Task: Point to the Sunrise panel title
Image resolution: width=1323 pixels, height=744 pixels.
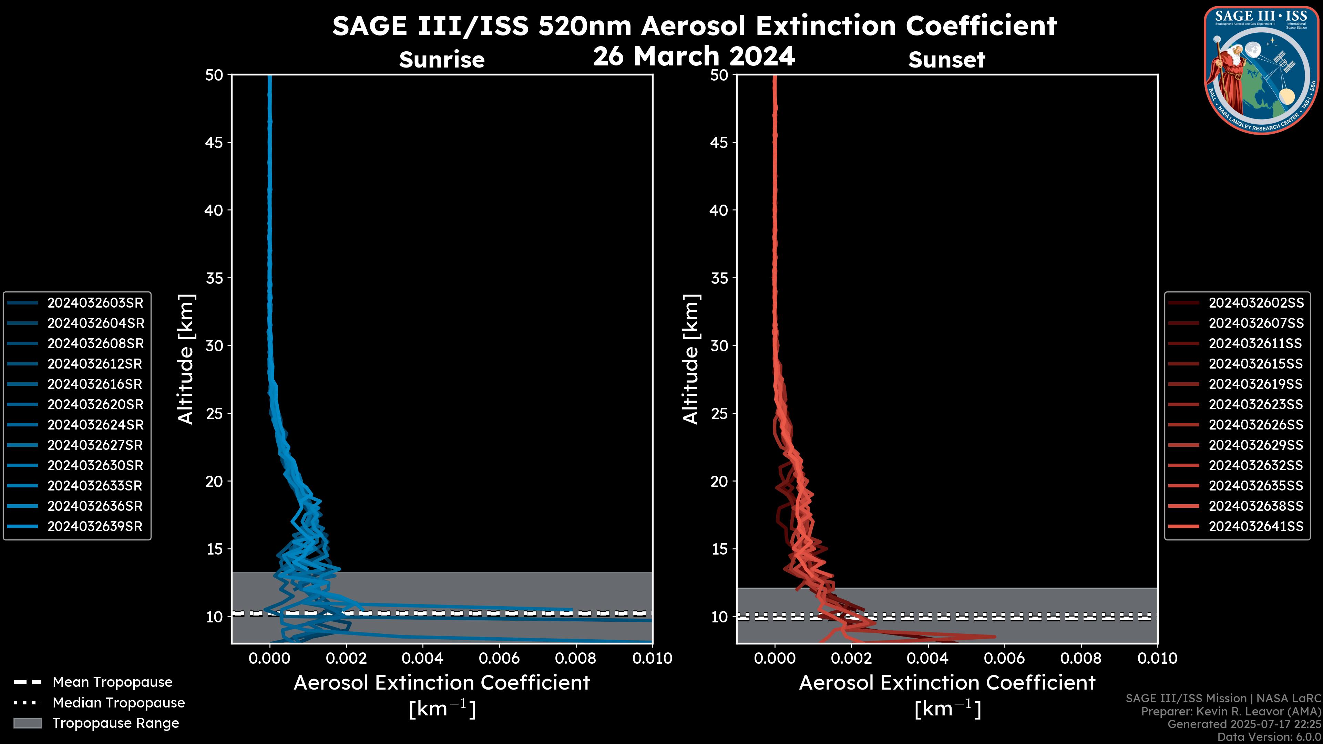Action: point(442,60)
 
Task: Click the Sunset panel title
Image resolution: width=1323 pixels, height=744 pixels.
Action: point(946,60)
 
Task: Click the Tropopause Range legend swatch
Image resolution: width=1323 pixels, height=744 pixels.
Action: point(28,723)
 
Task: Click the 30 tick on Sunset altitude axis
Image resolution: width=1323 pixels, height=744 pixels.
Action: point(719,346)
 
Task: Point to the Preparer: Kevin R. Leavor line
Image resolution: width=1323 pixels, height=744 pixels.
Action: point(1231,712)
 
